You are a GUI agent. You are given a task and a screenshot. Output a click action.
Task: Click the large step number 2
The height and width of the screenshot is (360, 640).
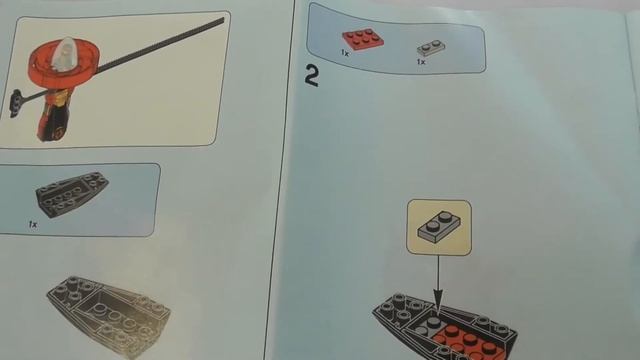311,76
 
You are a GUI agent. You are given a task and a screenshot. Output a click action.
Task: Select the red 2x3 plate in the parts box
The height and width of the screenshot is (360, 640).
362,39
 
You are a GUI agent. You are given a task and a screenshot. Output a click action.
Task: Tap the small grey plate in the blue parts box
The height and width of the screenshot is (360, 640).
431,48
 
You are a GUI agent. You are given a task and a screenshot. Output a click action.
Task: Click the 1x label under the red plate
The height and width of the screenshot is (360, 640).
345,53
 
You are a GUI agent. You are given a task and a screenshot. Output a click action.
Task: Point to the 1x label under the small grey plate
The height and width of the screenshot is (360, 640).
421,62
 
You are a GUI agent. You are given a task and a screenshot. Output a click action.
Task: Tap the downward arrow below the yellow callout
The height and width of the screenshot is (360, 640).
438,283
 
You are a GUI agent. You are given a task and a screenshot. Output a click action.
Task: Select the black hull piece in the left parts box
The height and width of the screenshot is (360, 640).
72,194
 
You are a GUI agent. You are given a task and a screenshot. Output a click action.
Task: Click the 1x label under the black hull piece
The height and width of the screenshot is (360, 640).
33,224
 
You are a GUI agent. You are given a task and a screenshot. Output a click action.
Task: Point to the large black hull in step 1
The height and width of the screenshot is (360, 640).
108,315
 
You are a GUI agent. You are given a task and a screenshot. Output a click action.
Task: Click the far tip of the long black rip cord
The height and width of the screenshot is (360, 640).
223,20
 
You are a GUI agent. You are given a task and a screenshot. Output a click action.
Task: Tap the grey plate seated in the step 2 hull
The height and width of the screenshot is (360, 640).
428,325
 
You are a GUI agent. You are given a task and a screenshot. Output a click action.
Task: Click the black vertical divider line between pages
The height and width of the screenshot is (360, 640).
280,180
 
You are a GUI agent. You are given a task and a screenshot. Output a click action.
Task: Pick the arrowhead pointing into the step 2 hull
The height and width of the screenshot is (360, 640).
438,301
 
